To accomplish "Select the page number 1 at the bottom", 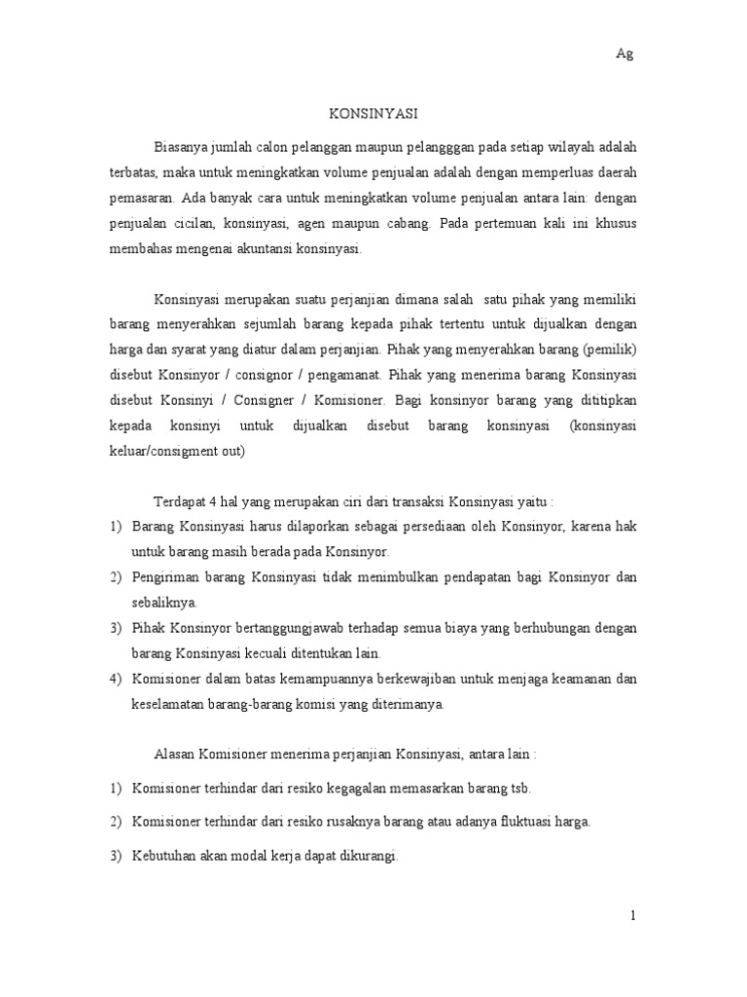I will coord(632,915).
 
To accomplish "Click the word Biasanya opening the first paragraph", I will coord(184,147).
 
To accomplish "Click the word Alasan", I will coord(175,755).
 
